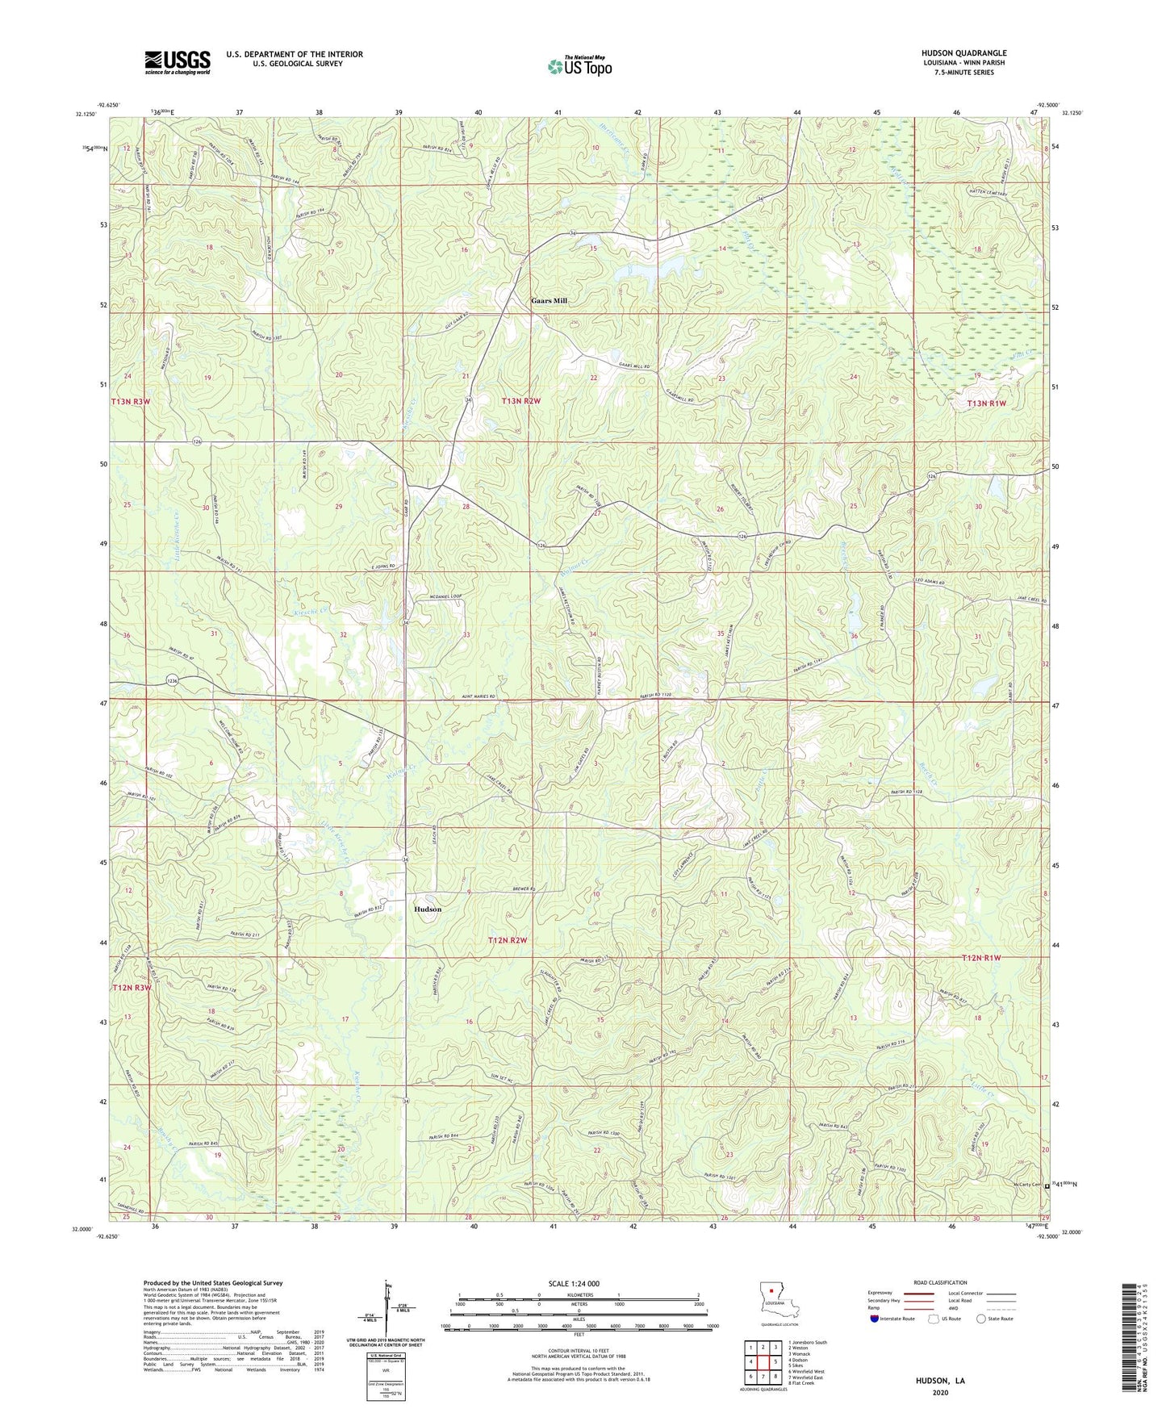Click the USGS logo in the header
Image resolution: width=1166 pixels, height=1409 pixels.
pos(178,62)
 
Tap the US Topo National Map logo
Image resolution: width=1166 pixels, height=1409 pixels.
pos(579,65)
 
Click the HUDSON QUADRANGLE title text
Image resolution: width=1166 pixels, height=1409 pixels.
pos(963,53)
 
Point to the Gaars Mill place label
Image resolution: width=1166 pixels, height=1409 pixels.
pos(549,301)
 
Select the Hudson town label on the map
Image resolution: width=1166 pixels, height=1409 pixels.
pos(428,909)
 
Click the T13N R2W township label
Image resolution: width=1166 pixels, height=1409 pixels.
pos(520,401)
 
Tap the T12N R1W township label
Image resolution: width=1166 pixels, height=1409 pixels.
pos(981,958)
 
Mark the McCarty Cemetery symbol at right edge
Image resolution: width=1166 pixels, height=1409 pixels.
pos(1047,1187)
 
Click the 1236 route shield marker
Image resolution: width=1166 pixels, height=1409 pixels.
pos(172,681)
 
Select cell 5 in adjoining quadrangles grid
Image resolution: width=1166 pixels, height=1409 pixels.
pos(775,1361)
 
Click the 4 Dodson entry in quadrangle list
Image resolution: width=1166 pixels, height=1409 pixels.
pos(800,1360)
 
